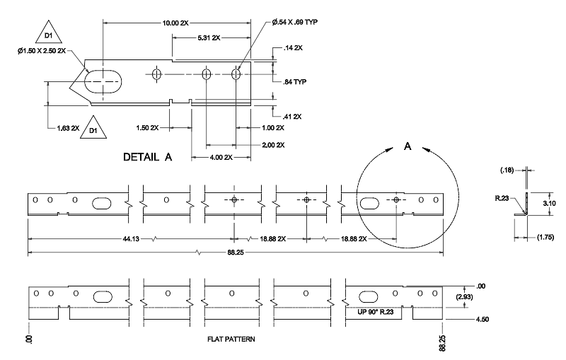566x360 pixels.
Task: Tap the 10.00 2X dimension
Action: pyautogui.click(x=175, y=23)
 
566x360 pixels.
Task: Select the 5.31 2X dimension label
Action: pyautogui.click(x=209, y=37)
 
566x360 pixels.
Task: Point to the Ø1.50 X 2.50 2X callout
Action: pyautogui.click(x=42, y=51)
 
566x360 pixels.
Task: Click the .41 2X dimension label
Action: pyautogui.click(x=292, y=116)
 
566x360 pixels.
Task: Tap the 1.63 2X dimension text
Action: pyautogui.click(x=68, y=128)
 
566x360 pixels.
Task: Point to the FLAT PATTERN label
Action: pyautogui.click(x=231, y=339)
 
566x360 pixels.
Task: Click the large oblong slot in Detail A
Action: pyautogui.click(x=103, y=82)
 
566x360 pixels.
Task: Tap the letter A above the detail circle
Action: pyautogui.click(x=408, y=146)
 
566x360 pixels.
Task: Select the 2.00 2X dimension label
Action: pyautogui.click(x=271, y=145)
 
